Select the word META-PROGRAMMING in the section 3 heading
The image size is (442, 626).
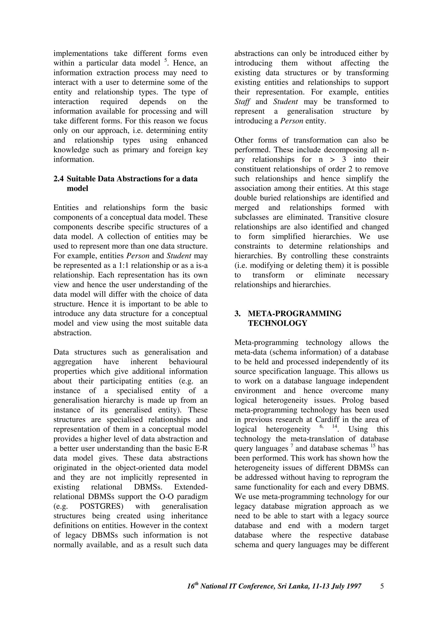[x=294, y=314]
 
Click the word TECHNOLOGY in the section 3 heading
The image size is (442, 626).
[x=277, y=323]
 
